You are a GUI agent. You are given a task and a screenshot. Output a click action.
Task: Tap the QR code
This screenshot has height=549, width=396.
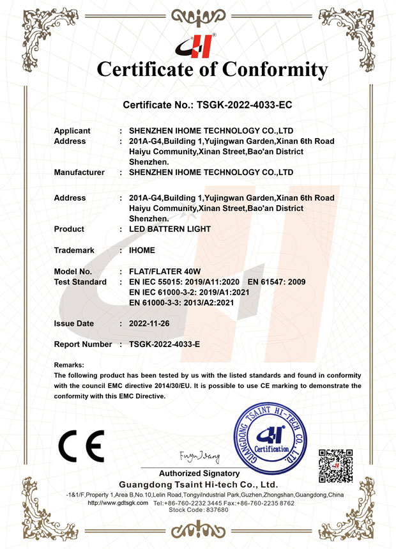click(335, 466)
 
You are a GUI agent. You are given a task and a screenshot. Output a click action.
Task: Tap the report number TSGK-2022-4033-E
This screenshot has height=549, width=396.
click(164, 344)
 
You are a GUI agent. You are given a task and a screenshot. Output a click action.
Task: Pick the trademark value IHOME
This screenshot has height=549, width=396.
click(142, 250)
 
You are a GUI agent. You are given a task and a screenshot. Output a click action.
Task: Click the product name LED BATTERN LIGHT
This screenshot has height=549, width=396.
click(169, 229)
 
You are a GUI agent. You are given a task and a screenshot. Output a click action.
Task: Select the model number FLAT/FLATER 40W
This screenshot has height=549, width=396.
click(165, 272)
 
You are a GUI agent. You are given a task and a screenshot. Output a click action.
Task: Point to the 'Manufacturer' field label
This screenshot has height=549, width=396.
click(79, 172)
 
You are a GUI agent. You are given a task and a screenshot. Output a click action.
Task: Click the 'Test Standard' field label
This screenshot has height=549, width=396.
click(80, 282)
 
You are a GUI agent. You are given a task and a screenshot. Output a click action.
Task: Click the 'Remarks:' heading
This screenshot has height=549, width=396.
click(69, 365)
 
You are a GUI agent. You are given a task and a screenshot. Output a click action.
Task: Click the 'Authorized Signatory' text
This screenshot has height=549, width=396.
click(199, 474)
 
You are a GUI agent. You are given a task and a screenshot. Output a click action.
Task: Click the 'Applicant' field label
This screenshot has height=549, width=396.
click(72, 130)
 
